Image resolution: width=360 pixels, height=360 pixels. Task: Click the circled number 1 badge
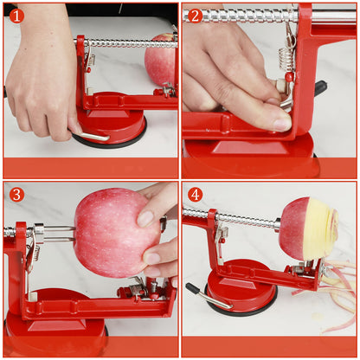pyautogui.click(x=16, y=16)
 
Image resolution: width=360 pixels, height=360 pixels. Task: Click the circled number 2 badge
pyautogui.click(x=195, y=16)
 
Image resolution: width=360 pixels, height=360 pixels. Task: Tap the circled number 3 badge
pyautogui.click(x=16, y=195)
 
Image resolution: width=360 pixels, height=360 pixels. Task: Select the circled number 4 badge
pyautogui.click(x=195, y=195)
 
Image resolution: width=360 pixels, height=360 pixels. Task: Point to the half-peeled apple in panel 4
pyautogui.click(x=308, y=228)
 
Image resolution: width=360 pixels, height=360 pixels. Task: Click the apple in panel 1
pyautogui.click(x=161, y=60)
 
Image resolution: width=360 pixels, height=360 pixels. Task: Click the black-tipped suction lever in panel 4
pyautogui.click(x=208, y=297)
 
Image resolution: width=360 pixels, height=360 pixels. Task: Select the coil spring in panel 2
pyautogui.click(x=285, y=60)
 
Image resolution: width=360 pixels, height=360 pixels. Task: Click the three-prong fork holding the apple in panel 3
pyautogui.click(x=56, y=235)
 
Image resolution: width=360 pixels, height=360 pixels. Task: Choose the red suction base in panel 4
pyautogui.click(x=241, y=287)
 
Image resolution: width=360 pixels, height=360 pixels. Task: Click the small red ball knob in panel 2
pyautogui.click(x=289, y=76)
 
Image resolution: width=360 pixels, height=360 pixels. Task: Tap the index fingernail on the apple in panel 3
pyautogui.click(x=145, y=219)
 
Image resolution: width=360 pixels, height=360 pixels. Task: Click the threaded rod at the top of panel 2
pyautogui.click(x=241, y=16)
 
